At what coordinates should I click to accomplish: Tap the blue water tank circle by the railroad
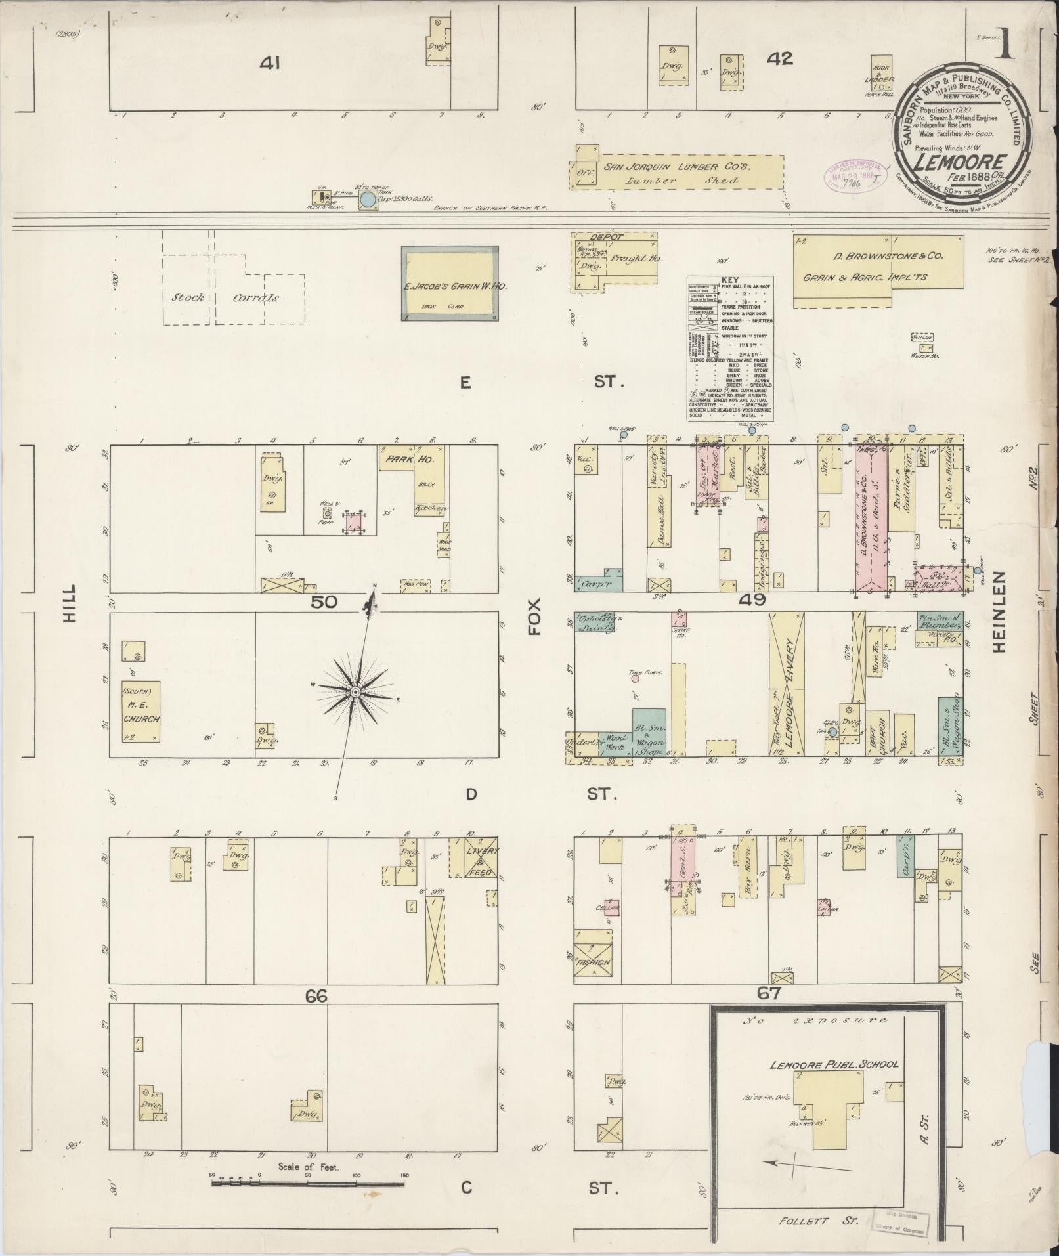368,199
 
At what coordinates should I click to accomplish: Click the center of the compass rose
355,692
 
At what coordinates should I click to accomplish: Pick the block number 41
269,63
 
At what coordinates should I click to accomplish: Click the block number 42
779,58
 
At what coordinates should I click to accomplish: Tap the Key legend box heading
730,280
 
